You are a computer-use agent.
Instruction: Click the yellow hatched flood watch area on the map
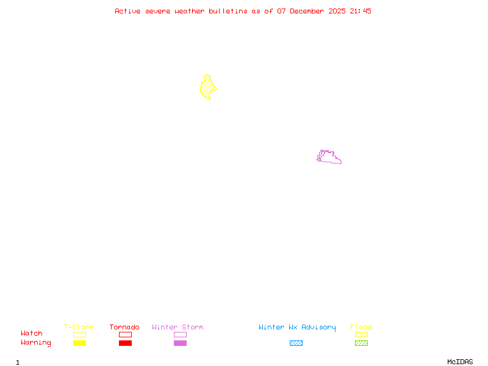coord(207,88)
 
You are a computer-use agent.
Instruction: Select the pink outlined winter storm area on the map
coord(328,157)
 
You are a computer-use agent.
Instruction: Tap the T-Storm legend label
coord(79,327)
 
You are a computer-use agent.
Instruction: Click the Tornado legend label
coord(124,327)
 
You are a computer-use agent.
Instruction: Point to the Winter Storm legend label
coord(178,327)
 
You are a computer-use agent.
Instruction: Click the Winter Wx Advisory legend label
coord(297,327)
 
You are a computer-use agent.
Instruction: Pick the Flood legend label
coord(361,327)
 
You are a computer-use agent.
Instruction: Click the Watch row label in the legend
coord(32,334)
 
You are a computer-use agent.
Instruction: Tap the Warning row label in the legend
coord(36,343)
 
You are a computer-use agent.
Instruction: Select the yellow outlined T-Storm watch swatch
coord(79,334)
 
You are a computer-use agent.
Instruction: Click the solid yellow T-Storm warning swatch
coord(79,343)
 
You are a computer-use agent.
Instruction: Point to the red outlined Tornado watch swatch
coord(125,334)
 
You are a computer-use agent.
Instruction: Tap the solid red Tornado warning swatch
coord(125,343)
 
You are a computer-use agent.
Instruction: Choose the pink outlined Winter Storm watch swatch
coord(180,334)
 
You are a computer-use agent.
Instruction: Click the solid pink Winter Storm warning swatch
coord(180,343)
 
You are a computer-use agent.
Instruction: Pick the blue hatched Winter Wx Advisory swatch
coord(296,343)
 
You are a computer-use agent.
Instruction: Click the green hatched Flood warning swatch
coord(361,343)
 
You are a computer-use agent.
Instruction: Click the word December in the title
coord(309,11)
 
